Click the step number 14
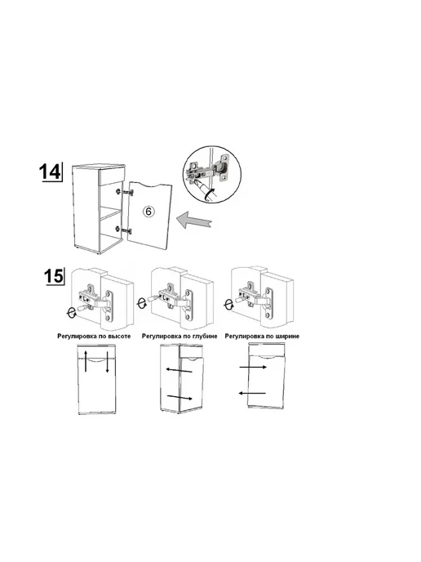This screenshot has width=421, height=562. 50,172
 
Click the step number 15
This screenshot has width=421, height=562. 54,276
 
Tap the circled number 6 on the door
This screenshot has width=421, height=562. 149,212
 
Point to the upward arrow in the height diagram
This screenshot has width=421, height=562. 86,361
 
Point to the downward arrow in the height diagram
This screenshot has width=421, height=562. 107,363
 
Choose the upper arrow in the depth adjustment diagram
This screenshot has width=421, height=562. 179,370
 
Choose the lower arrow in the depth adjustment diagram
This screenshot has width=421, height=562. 179,397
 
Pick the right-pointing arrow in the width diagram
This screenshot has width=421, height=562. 253,367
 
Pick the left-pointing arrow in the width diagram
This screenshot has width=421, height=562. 252,393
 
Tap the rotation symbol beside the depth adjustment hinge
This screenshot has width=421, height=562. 142,303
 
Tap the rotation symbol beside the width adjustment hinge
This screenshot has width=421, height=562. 228,305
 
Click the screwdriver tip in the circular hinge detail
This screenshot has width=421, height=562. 196,181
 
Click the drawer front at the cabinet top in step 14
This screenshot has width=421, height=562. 111,177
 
